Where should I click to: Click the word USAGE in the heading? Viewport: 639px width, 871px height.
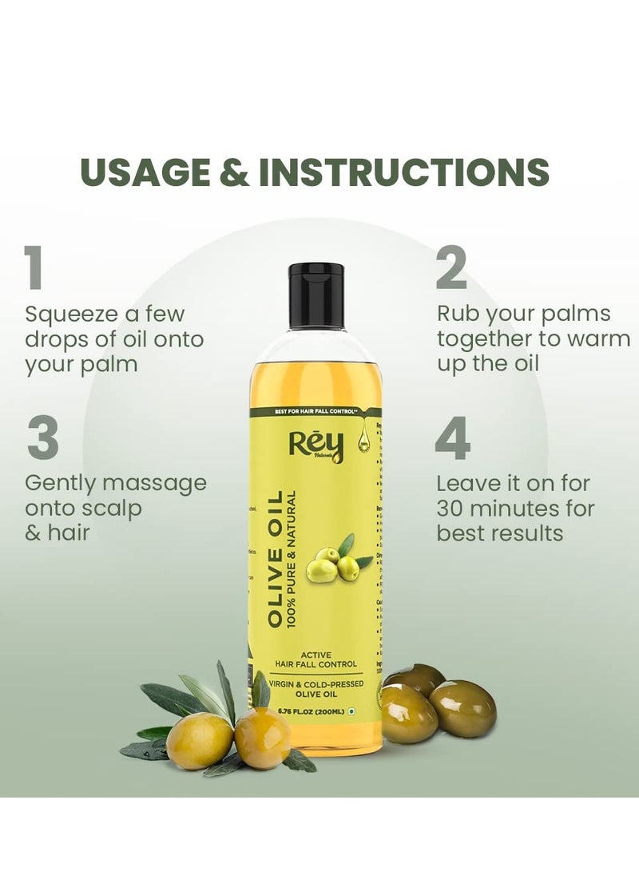142,172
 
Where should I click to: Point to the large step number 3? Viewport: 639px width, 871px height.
42,437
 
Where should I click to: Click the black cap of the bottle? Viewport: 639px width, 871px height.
316,295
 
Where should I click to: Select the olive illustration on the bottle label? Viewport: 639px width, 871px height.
335,559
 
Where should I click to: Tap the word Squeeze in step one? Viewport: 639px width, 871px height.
71,314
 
